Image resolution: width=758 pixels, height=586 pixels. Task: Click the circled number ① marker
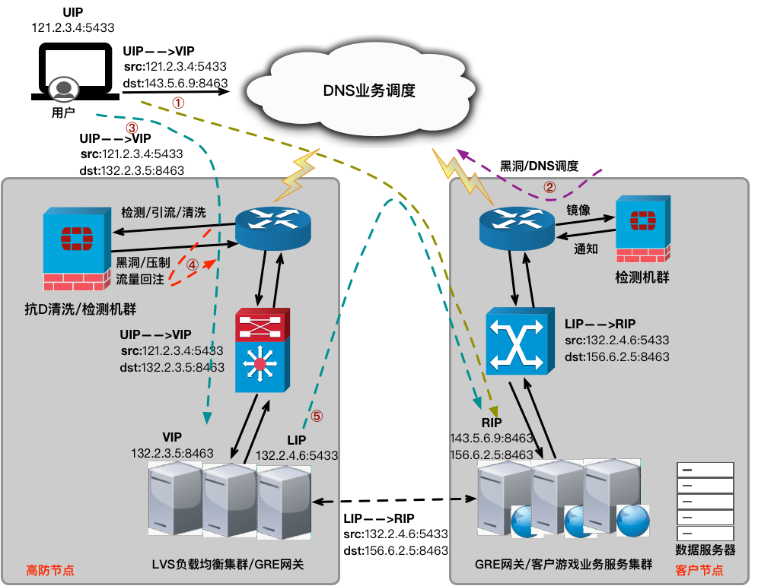(177, 102)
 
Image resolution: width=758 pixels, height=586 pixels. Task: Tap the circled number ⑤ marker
(317, 416)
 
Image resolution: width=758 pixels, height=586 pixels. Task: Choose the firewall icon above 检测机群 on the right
(642, 229)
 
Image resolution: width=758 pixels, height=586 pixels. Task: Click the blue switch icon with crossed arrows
(518, 342)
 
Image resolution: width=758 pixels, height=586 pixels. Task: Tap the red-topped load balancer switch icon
(261, 350)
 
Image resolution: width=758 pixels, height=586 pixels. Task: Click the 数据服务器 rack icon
(705, 501)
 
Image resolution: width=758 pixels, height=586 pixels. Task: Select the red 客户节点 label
(699, 570)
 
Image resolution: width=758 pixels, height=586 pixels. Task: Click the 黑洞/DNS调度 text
(539, 166)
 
